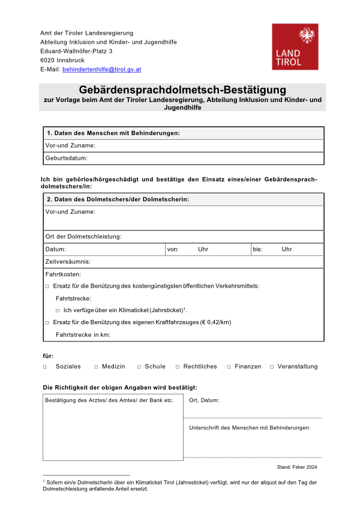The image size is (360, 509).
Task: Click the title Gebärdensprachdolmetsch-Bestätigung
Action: pyautogui.click(x=182, y=89)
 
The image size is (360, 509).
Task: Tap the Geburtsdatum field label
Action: pyautogui.click(x=67, y=158)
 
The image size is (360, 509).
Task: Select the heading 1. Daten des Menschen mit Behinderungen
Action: pyautogui.click(x=113, y=133)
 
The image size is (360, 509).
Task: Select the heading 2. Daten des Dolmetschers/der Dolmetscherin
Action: pyautogui.click(x=118, y=199)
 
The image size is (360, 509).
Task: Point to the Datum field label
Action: pyautogui.click(x=56, y=249)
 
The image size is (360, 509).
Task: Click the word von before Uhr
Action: pyautogui.click(x=173, y=249)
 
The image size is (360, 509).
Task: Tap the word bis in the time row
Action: pyautogui.click(x=257, y=249)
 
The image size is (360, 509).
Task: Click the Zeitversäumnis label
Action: pyautogui.click(x=68, y=262)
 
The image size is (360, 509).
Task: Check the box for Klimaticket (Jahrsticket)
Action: pyautogui.click(x=58, y=310)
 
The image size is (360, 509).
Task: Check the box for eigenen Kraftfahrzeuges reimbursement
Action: pyautogui.click(x=47, y=322)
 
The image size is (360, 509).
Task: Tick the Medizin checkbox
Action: pyautogui.click(x=96, y=366)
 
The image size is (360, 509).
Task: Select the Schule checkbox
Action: pyautogui.click(x=139, y=366)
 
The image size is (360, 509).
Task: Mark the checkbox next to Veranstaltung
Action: pyautogui.click(x=272, y=366)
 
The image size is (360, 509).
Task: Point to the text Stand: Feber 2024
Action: pyautogui.click(x=297, y=466)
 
